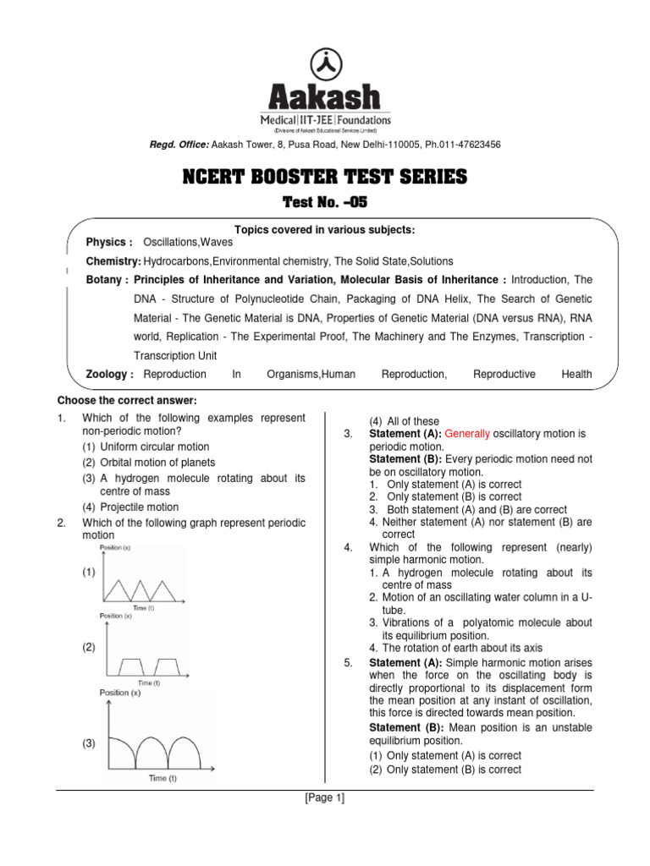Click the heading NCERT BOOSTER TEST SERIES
point(325,177)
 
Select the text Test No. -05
point(325,202)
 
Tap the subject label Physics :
point(109,242)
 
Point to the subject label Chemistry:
point(113,261)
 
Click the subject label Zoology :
point(110,374)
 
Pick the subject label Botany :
point(107,280)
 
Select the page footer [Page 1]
point(325,797)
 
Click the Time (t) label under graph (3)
point(162,778)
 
